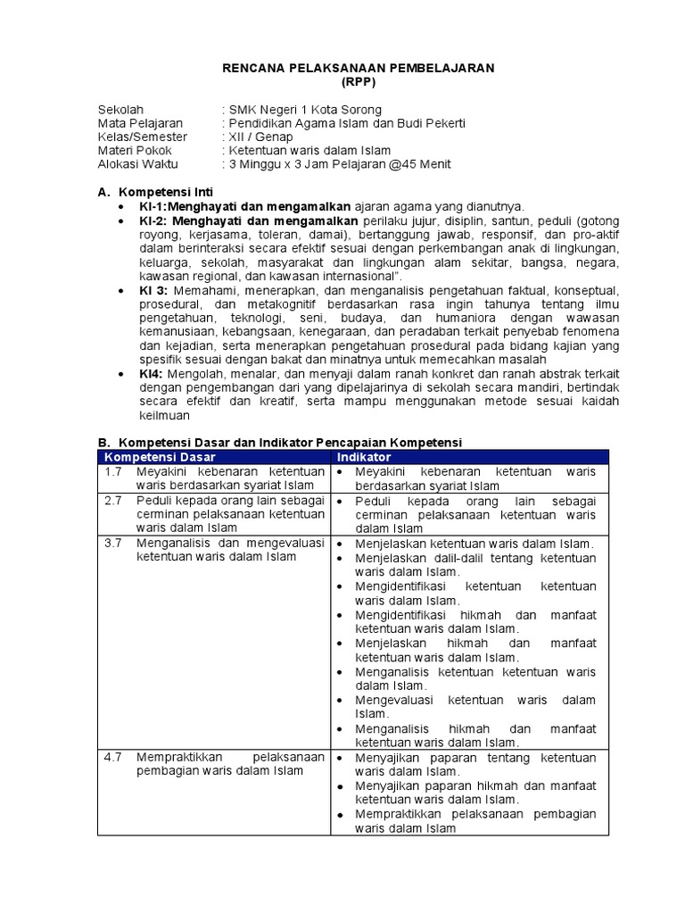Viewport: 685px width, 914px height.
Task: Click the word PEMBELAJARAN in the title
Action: click(x=448, y=69)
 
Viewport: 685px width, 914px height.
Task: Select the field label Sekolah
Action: click(x=120, y=110)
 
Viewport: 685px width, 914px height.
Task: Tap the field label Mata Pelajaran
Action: click(x=140, y=123)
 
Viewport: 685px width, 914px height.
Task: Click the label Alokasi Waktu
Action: click(x=137, y=164)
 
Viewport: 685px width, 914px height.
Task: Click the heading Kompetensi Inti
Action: click(x=166, y=192)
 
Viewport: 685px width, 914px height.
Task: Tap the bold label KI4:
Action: click(x=150, y=373)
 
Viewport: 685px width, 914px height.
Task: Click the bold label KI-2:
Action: click(x=153, y=220)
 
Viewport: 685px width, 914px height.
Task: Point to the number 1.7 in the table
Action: click(x=112, y=471)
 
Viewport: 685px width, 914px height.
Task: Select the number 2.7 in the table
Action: click(x=112, y=501)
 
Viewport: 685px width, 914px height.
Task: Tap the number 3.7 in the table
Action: click(x=112, y=544)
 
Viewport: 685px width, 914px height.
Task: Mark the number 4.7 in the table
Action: click(x=112, y=758)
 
